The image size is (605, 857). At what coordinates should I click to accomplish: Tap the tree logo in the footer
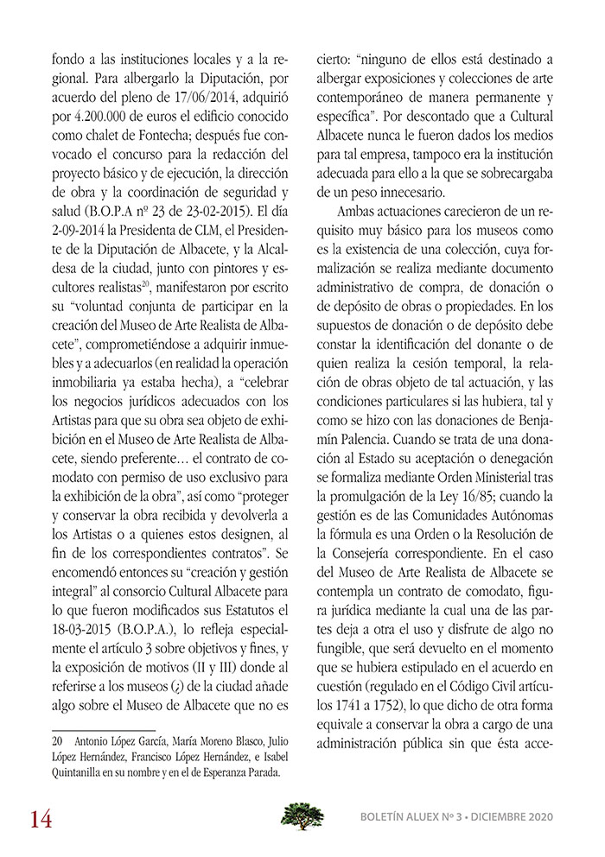[x=302, y=815]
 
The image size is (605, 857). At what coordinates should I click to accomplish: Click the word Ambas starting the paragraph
[x=353, y=210]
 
